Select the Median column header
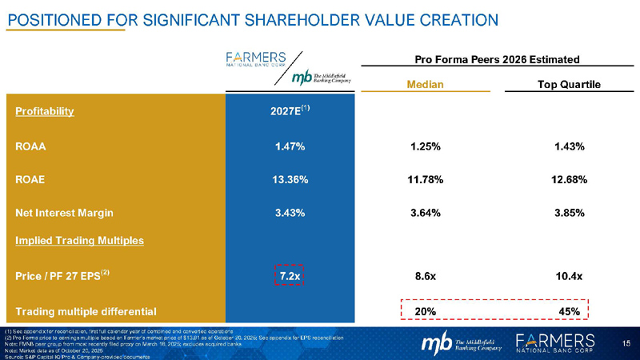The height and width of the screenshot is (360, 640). pos(426,85)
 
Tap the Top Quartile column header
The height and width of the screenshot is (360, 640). pos(569,85)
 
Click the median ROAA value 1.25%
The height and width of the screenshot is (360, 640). pos(426,146)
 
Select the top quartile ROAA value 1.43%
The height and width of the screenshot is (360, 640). pos(570,146)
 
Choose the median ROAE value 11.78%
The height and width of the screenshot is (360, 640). pos(426,179)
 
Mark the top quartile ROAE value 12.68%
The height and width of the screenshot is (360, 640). pos(570,179)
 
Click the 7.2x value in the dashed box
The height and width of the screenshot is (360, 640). pos(288,276)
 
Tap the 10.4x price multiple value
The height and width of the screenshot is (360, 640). pos(570,276)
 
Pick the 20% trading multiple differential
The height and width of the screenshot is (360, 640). pos(426,310)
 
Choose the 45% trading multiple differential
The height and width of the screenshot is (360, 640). pos(569,310)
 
